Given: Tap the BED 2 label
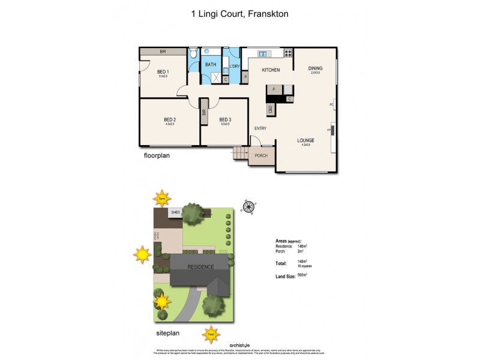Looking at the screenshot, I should pos(170,119).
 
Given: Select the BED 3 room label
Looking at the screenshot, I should pos(225,119).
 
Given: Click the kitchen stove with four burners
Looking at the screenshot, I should pos(287,53).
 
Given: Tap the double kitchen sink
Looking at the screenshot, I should pos(262,53).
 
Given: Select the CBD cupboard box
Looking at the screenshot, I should pos(271,109).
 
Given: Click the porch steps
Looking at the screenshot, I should pos(240,155).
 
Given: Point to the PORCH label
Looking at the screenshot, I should pos(262,155).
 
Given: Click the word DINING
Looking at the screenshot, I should pos(315,68).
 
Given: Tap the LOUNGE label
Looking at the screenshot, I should pos(305,140).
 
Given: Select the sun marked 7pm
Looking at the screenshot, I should pos(161,198).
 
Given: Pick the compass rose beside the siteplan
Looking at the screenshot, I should pos(247,208).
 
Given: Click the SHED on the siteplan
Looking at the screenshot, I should pos(176,212).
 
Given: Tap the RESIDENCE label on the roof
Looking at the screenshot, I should pos(200,266).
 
